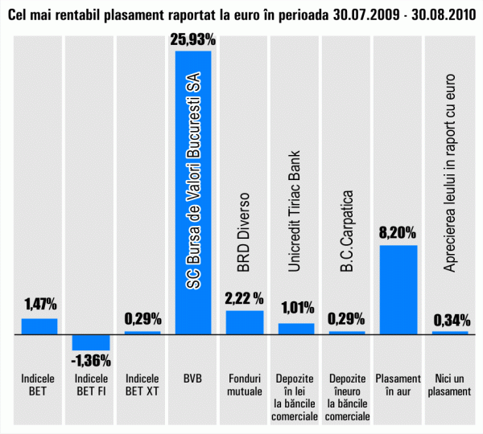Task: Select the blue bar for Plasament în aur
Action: click(x=398, y=289)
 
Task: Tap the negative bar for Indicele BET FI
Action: click(x=91, y=341)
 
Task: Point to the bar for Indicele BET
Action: click(x=39, y=325)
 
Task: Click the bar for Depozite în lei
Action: click(x=296, y=328)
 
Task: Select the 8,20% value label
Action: click(x=398, y=233)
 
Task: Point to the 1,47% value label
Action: click(x=39, y=305)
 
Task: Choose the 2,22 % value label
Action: click(x=245, y=298)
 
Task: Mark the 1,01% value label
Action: click(x=296, y=309)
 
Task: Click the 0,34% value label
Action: click(x=451, y=321)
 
